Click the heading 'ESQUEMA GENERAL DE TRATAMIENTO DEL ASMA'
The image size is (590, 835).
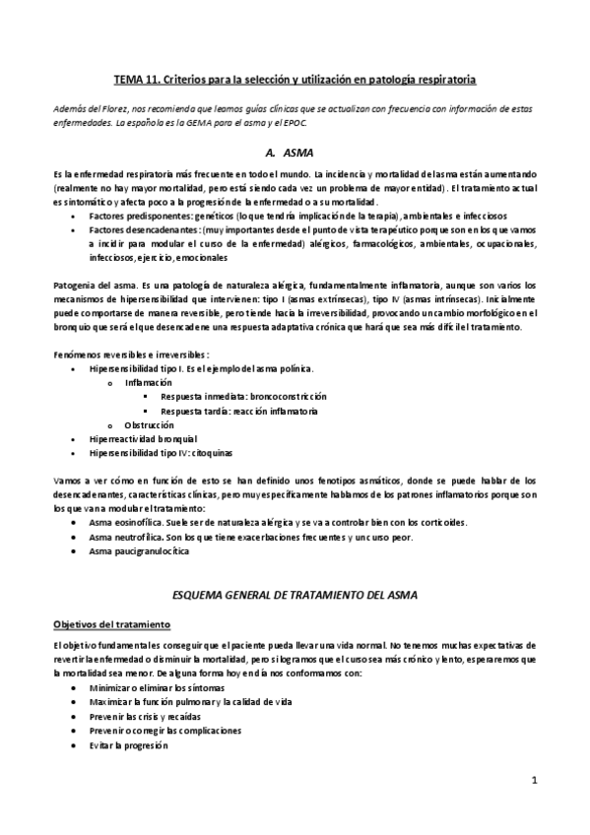tap(294, 596)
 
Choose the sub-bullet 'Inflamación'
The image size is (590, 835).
tap(148, 381)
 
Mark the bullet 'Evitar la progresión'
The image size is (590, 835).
tap(127, 745)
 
